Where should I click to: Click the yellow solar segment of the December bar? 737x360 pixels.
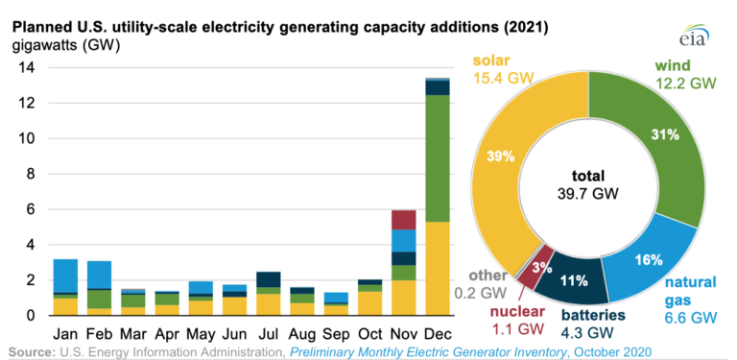(438, 269)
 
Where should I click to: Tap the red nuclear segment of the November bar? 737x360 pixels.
(403, 219)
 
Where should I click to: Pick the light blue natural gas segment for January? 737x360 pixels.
(65, 276)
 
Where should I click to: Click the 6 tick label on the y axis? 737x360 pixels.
(30, 209)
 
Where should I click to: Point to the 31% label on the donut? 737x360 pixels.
(665, 136)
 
